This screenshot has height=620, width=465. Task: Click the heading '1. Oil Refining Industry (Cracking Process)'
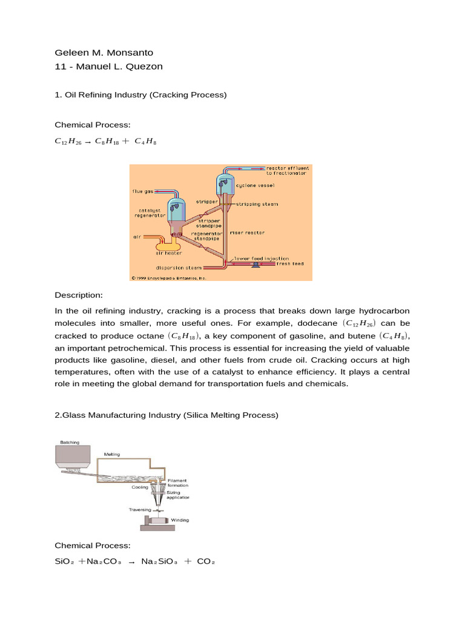point(140,95)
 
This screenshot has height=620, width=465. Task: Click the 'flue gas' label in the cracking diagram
point(143,191)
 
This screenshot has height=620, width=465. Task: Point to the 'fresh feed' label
point(290,264)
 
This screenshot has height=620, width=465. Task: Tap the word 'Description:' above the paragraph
point(79,295)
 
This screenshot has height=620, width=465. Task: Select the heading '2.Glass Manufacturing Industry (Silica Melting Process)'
point(167,415)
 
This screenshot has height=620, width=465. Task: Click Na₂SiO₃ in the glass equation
point(160,561)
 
